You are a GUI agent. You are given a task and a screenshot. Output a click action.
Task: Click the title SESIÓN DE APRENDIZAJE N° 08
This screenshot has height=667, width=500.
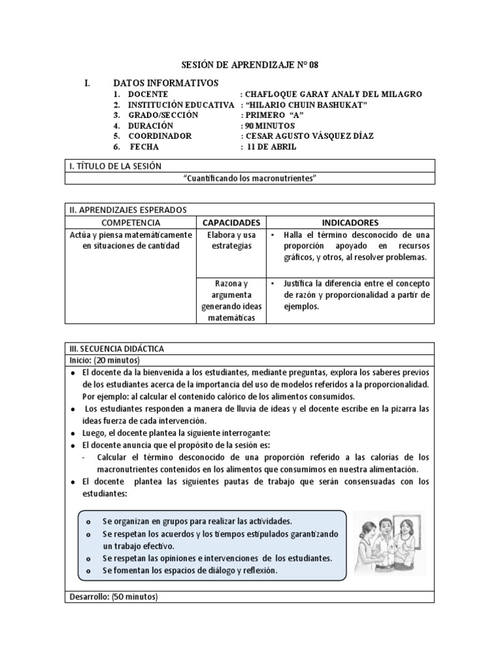click(249, 66)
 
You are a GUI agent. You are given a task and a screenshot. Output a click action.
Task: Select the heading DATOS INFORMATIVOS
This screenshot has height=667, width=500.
click(166, 83)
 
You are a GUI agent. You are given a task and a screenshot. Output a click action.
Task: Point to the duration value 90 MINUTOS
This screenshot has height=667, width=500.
click(270, 126)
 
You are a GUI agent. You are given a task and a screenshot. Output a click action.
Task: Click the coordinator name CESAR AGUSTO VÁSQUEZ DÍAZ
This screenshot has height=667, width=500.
click(308, 136)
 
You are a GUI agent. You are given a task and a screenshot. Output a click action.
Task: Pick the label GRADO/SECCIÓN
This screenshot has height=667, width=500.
click(163, 115)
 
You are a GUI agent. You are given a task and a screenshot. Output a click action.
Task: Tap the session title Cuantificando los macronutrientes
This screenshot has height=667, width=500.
click(250, 178)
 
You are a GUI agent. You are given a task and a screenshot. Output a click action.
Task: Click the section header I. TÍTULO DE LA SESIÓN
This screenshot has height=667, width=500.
click(115, 166)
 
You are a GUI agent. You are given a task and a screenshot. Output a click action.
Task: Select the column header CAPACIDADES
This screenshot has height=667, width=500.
click(231, 222)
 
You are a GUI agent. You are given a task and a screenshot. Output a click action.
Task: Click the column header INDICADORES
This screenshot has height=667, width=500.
click(350, 222)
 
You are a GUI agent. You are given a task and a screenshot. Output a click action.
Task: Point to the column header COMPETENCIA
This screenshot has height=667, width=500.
click(131, 222)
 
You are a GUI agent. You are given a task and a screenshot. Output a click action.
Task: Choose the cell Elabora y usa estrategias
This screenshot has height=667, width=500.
click(231, 240)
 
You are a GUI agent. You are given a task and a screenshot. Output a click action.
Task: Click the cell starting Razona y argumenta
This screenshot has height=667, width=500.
click(231, 300)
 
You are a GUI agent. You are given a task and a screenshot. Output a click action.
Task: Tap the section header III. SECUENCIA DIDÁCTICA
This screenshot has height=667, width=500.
click(117, 348)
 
